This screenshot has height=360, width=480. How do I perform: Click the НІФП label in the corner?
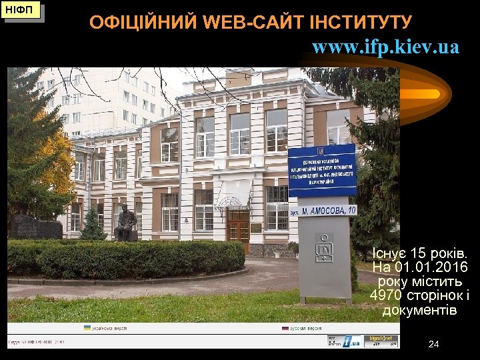[22, 11]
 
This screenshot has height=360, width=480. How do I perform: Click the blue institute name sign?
[322, 170]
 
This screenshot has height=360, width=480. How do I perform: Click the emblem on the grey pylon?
[324, 247]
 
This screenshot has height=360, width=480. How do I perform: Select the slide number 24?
[434, 344]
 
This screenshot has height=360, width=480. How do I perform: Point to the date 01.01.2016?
[431, 268]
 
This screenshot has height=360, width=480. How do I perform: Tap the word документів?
[419, 311]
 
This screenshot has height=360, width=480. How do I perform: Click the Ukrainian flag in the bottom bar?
[87, 328]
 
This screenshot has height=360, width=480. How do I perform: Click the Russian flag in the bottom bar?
[285, 328]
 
